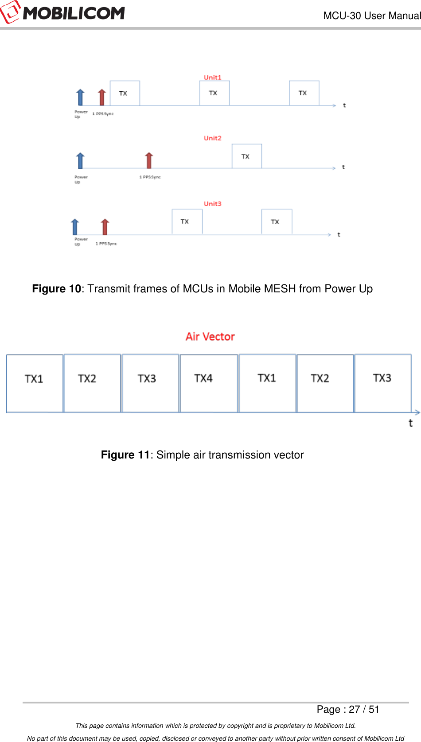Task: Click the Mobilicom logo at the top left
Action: [x=63, y=13]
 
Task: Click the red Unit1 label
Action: [x=212, y=78]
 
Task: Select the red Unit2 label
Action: [x=212, y=138]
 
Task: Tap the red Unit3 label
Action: [x=212, y=204]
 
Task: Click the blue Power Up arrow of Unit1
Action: [x=80, y=97]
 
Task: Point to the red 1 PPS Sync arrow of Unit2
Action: [x=149, y=160]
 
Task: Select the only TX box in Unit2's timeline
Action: [x=246, y=156]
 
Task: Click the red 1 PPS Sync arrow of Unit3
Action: [x=105, y=226]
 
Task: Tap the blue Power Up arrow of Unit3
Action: [x=75, y=226]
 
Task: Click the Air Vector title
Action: [x=210, y=337]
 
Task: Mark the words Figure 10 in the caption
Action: [x=56, y=289]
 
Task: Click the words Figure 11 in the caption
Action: [x=125, y=455]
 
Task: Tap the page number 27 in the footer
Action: [x=354, y=710]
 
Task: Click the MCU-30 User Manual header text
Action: [x=372, y=16]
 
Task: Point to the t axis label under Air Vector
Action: [x=410, y=423]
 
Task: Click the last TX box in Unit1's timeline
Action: [x=304, y=93]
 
